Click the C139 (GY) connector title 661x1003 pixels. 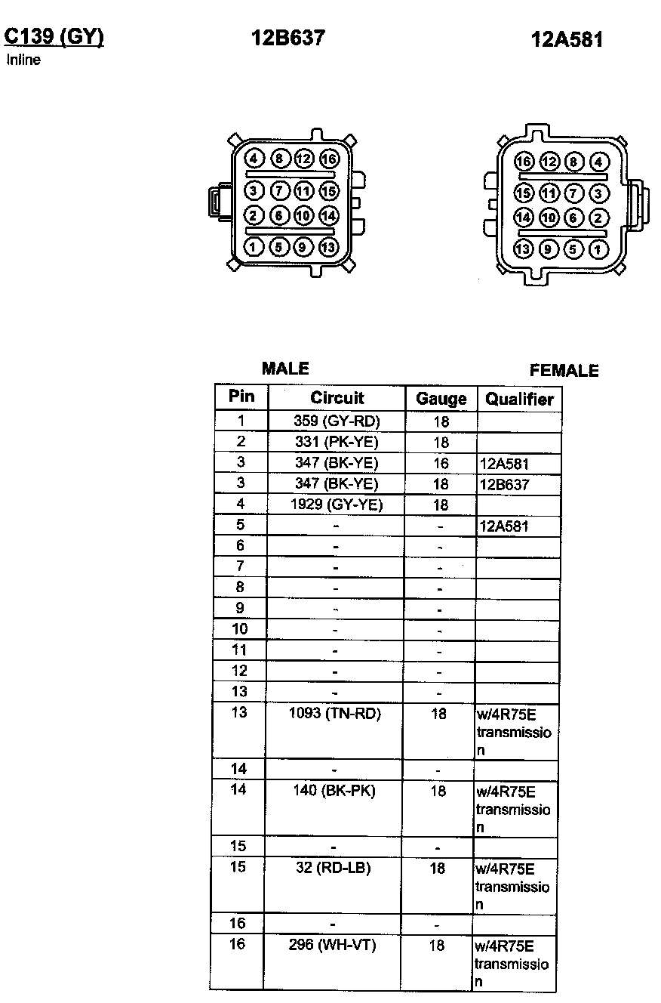(54, 37)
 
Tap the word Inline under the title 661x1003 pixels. (23, 60)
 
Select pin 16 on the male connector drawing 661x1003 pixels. (329, 159)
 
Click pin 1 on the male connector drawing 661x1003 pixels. (254, 246)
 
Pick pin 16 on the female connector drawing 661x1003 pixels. (524, 162)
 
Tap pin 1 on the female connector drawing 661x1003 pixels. (598, 248)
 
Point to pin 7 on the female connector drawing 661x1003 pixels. (573, 193)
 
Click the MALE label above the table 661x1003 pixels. (285, 369)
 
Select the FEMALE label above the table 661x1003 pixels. (564, 371)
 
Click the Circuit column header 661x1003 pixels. (337, 398)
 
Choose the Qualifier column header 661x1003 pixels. (519, 399)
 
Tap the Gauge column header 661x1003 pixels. (441, 399)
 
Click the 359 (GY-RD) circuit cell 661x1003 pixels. (337, 421)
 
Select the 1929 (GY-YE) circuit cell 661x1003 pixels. (337, 505)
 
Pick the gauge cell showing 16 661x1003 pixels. (441, 463)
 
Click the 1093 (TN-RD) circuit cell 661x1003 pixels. (335, 714)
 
